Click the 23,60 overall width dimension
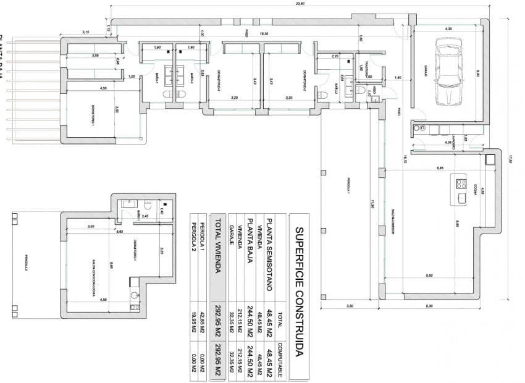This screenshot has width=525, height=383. [x=301, y=4]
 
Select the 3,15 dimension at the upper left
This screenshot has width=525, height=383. [x=86, y=32]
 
